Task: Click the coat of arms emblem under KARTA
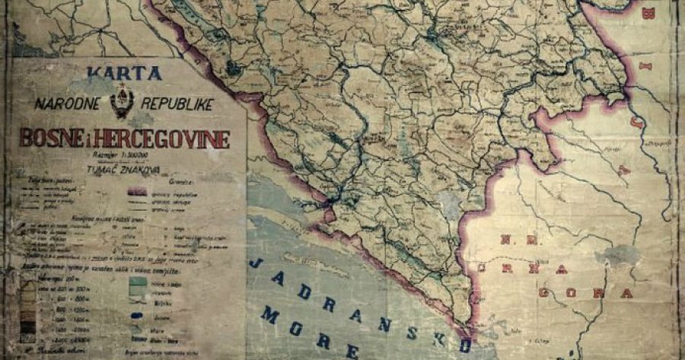121,103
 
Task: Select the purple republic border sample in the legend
145,193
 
